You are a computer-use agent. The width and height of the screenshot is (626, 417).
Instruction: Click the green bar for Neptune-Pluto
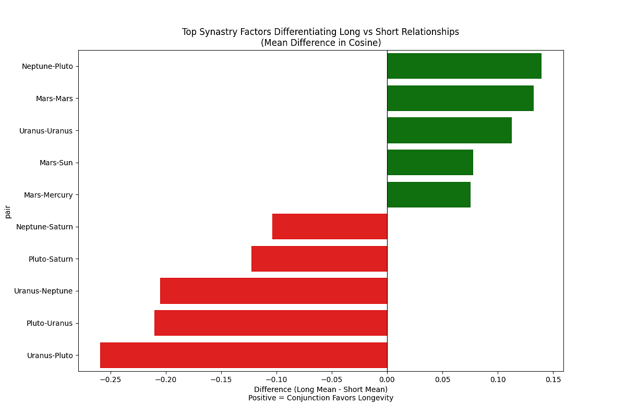pos(464,66)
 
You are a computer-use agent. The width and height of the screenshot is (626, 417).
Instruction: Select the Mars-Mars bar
pos(460,98)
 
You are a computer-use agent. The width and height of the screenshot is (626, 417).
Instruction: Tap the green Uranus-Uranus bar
pos(449,130)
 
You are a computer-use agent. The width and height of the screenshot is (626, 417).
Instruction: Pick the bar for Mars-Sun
pos(430,163)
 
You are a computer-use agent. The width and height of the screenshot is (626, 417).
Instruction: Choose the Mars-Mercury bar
pos(428,194)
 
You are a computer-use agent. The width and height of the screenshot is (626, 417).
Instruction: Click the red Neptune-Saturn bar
pos(330,227)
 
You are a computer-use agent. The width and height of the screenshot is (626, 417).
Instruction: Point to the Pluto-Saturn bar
pos(319,259)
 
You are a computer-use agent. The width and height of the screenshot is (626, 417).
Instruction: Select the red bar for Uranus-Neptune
pos(273,291)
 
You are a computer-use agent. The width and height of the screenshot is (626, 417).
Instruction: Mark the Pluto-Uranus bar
pos(271,323)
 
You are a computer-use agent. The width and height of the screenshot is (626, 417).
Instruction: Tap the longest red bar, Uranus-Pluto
pos(244,355)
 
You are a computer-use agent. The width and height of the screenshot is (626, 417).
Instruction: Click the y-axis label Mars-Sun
pos(56,163)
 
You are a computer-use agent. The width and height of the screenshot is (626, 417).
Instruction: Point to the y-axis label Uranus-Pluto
pos(50,355)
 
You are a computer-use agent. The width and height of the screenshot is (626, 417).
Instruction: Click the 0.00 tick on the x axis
pos(387,379)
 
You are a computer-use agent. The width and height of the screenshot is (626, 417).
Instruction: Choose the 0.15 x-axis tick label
pos(553,379)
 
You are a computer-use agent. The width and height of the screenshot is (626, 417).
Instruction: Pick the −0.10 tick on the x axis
pos(277,379)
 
